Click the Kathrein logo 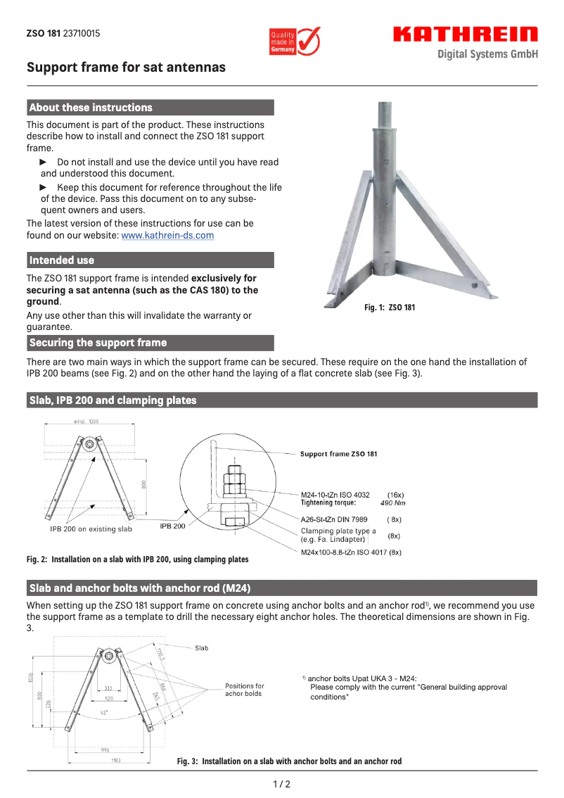coord(465,34)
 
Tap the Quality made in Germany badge coord(295,42)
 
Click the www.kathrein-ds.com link coord(167,236)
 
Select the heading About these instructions coord(91,108)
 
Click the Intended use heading coord(62,260)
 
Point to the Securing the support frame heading coord(98,343)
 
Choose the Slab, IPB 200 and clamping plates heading coord(113,400)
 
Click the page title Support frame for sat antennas coord(126,68)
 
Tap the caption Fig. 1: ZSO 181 coord(390,308)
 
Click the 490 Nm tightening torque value coord(392,503)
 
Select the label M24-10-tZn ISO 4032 coord(335,495)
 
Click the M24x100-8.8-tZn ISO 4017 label coord(351,552)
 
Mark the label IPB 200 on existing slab coord(91,528)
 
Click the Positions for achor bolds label coord(245,690)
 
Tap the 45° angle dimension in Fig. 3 coord(104,712)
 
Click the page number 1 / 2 coord(281,784)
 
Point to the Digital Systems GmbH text coord(487,54)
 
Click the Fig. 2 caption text coord(138,559)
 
